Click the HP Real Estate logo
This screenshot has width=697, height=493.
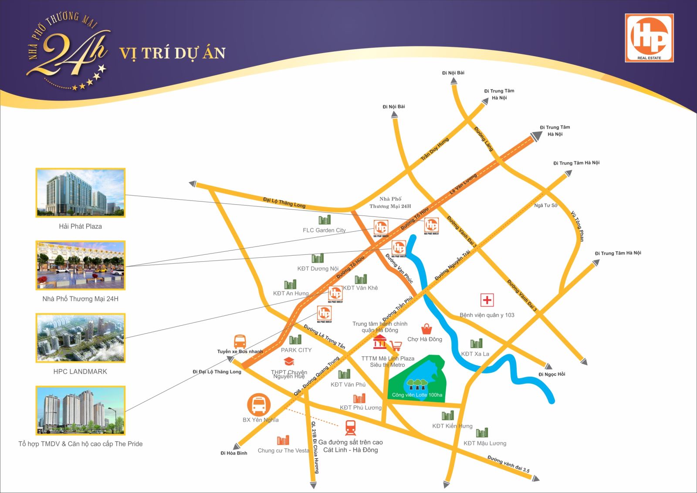point(649,38)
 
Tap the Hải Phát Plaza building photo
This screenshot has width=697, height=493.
point(80,192)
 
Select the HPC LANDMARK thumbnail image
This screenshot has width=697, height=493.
point(80,338)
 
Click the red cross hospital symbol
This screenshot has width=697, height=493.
point(487,300)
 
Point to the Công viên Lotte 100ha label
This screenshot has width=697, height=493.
point(417,395)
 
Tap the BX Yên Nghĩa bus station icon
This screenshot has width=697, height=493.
point(259,404)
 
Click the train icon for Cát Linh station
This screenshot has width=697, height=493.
point(351,428)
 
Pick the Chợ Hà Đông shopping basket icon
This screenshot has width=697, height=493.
point(426,329)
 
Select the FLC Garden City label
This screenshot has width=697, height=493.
point(324,230)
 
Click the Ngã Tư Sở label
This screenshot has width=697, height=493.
point(546,206)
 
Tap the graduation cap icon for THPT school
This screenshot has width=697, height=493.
point(289,361)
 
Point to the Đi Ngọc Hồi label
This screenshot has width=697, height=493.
point(552,375)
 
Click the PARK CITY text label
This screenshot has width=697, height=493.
point(296,350)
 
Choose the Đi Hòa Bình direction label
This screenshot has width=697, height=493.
point(234,453)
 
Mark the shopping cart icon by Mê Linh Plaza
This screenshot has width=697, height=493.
point(396,346)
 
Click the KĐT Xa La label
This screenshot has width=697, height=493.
point(475,354)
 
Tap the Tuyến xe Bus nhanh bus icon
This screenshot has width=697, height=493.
point(240,342)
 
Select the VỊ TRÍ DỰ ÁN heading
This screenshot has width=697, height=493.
point(173,53)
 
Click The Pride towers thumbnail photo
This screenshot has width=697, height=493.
point(80,410)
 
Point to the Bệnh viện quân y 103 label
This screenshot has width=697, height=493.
point(487,315)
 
